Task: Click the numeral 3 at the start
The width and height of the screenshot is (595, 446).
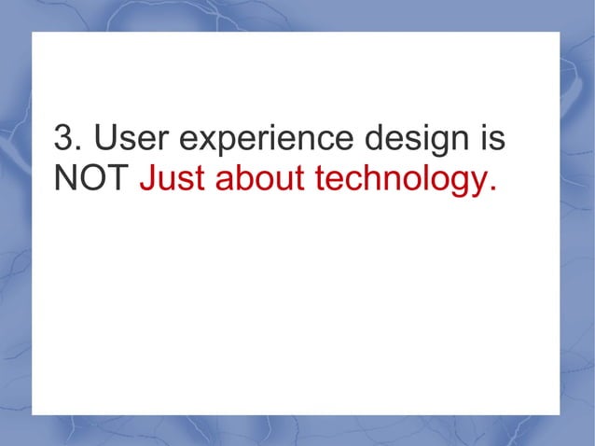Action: (x=62, y=140)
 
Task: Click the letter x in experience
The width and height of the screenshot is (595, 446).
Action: (x=201, y=144)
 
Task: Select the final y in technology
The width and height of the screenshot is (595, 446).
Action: (x=476, y=184)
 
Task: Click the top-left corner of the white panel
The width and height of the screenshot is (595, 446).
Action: (x=33, y=33)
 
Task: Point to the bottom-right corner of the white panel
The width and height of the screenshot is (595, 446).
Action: (x=560, y=414)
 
